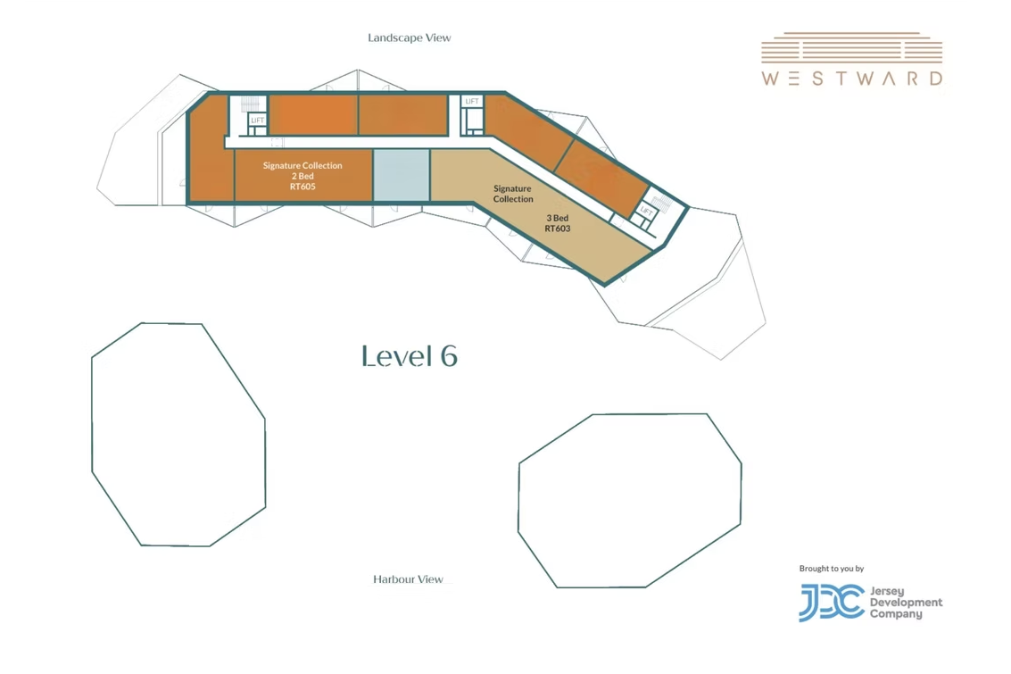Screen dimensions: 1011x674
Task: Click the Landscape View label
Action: pos(410,38)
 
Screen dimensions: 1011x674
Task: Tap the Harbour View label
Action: pos(408,579)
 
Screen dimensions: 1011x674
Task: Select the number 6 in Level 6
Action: pos(448,356)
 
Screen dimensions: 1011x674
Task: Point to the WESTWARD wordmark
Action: pos(852,79)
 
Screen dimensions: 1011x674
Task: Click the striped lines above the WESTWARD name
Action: pos(852,47)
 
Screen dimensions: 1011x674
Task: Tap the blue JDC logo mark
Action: pos(832,603)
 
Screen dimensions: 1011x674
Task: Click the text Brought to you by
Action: pos(831,569)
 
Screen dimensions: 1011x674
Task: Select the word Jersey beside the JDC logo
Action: pos(887,592)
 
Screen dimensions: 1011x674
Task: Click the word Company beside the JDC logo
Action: pos(896,614)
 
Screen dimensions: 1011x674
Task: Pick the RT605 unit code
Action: pos(302,187)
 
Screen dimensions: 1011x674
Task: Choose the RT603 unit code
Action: pos(558,229)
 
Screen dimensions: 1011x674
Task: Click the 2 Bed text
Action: pos(302,176)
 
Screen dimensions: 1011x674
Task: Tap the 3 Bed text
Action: pos(558,218)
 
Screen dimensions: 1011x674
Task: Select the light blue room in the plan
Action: pos(401,175)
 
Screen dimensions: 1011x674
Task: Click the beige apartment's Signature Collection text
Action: pos(513,194)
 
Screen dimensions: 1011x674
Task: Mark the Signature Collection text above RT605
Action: pos(302,166)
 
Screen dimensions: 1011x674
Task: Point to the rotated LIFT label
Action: pos(646,211)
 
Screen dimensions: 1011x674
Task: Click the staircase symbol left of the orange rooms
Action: pos(250,104)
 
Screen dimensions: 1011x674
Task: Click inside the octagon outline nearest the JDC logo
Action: pos(629,501)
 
